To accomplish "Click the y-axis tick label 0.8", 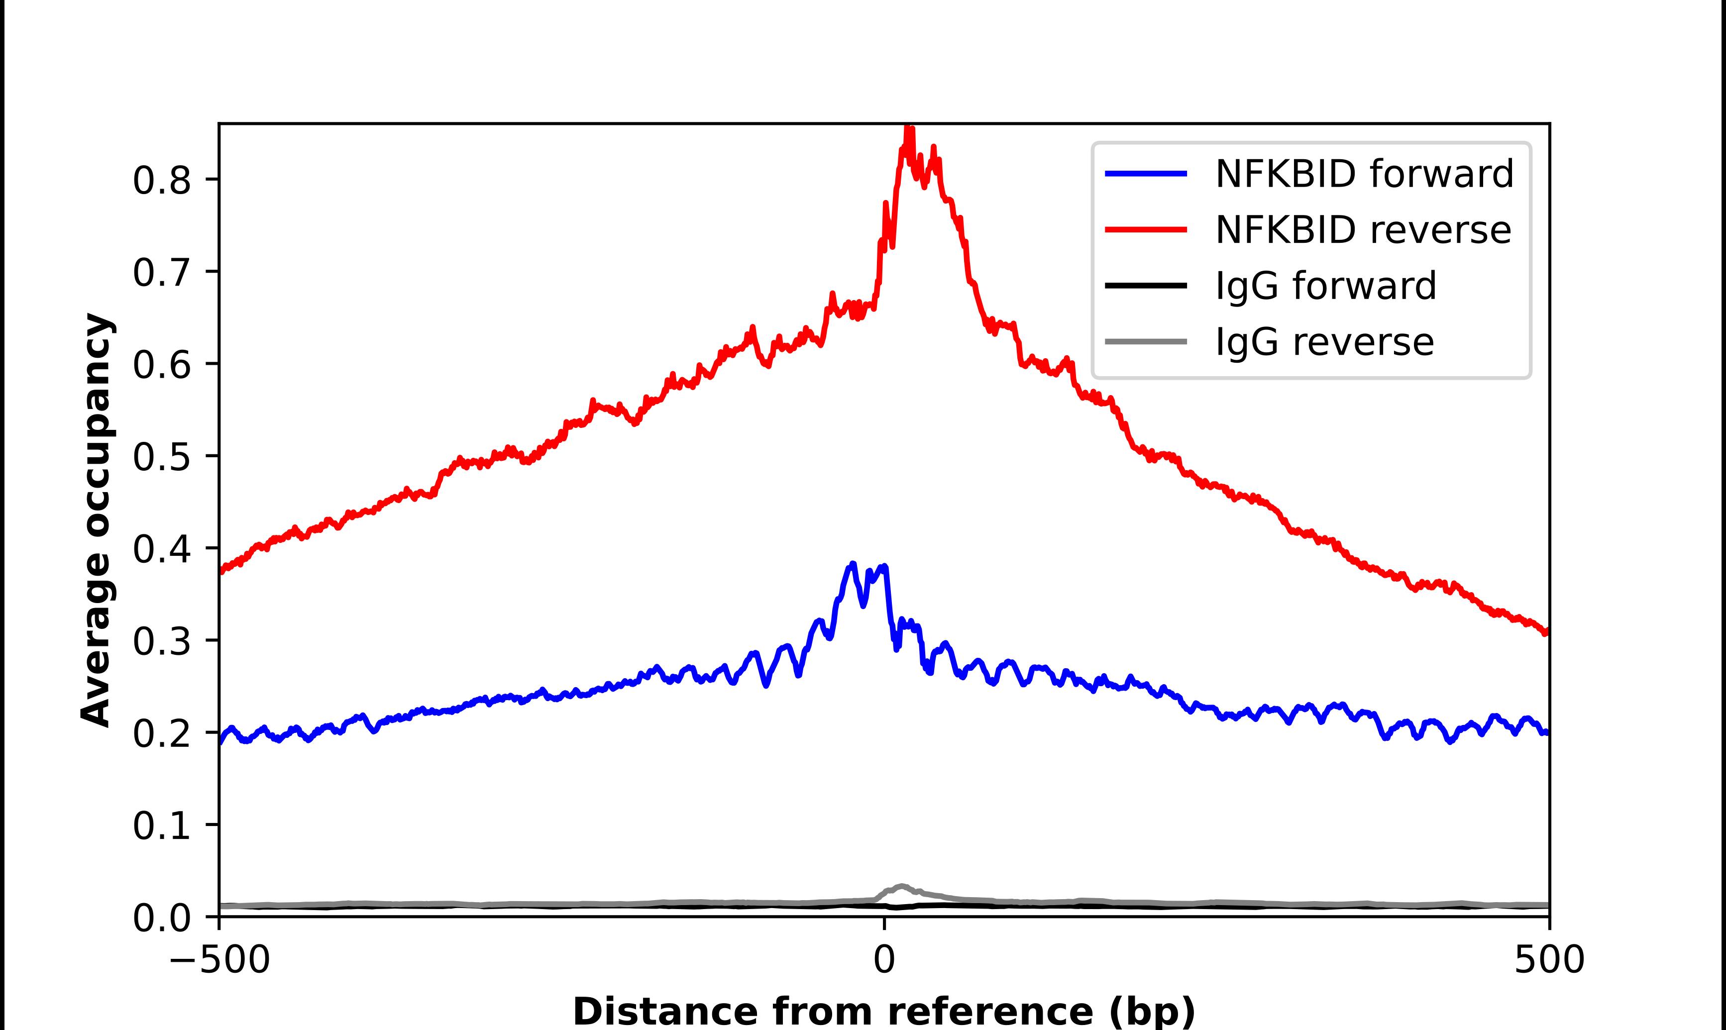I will [x=161, y=181].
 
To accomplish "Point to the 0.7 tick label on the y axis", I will [x=161, y=273].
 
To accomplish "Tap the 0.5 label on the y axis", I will [x=161, y=457].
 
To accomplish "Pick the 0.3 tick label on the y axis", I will [x=161, y=642].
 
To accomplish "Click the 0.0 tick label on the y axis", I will [x=161, y=918].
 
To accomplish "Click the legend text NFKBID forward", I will [x=1364, y=174].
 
